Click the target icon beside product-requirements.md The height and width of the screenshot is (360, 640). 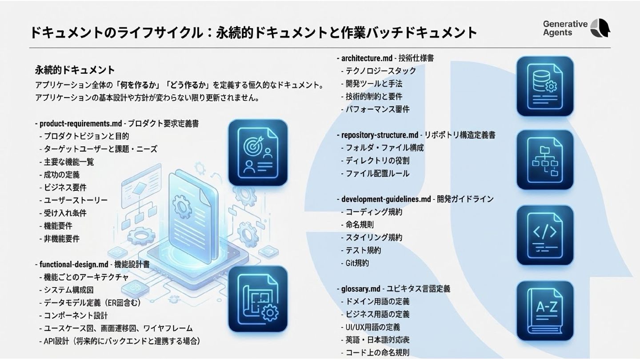pos(258,152)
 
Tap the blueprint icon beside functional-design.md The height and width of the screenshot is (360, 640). pos(258,299)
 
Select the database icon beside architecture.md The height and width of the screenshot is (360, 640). pos(545,86)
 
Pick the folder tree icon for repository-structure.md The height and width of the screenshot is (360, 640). pos(545,160)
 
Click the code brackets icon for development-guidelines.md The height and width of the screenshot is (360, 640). pos(545,235)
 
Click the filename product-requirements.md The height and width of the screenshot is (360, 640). pos(80,124)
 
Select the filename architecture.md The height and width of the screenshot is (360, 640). pos(367,58)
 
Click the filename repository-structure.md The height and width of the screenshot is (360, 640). pos(380,135)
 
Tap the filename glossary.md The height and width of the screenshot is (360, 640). pos(360,289)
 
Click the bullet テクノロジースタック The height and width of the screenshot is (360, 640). pos(381,71)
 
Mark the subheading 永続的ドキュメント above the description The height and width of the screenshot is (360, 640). pos(75,70)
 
